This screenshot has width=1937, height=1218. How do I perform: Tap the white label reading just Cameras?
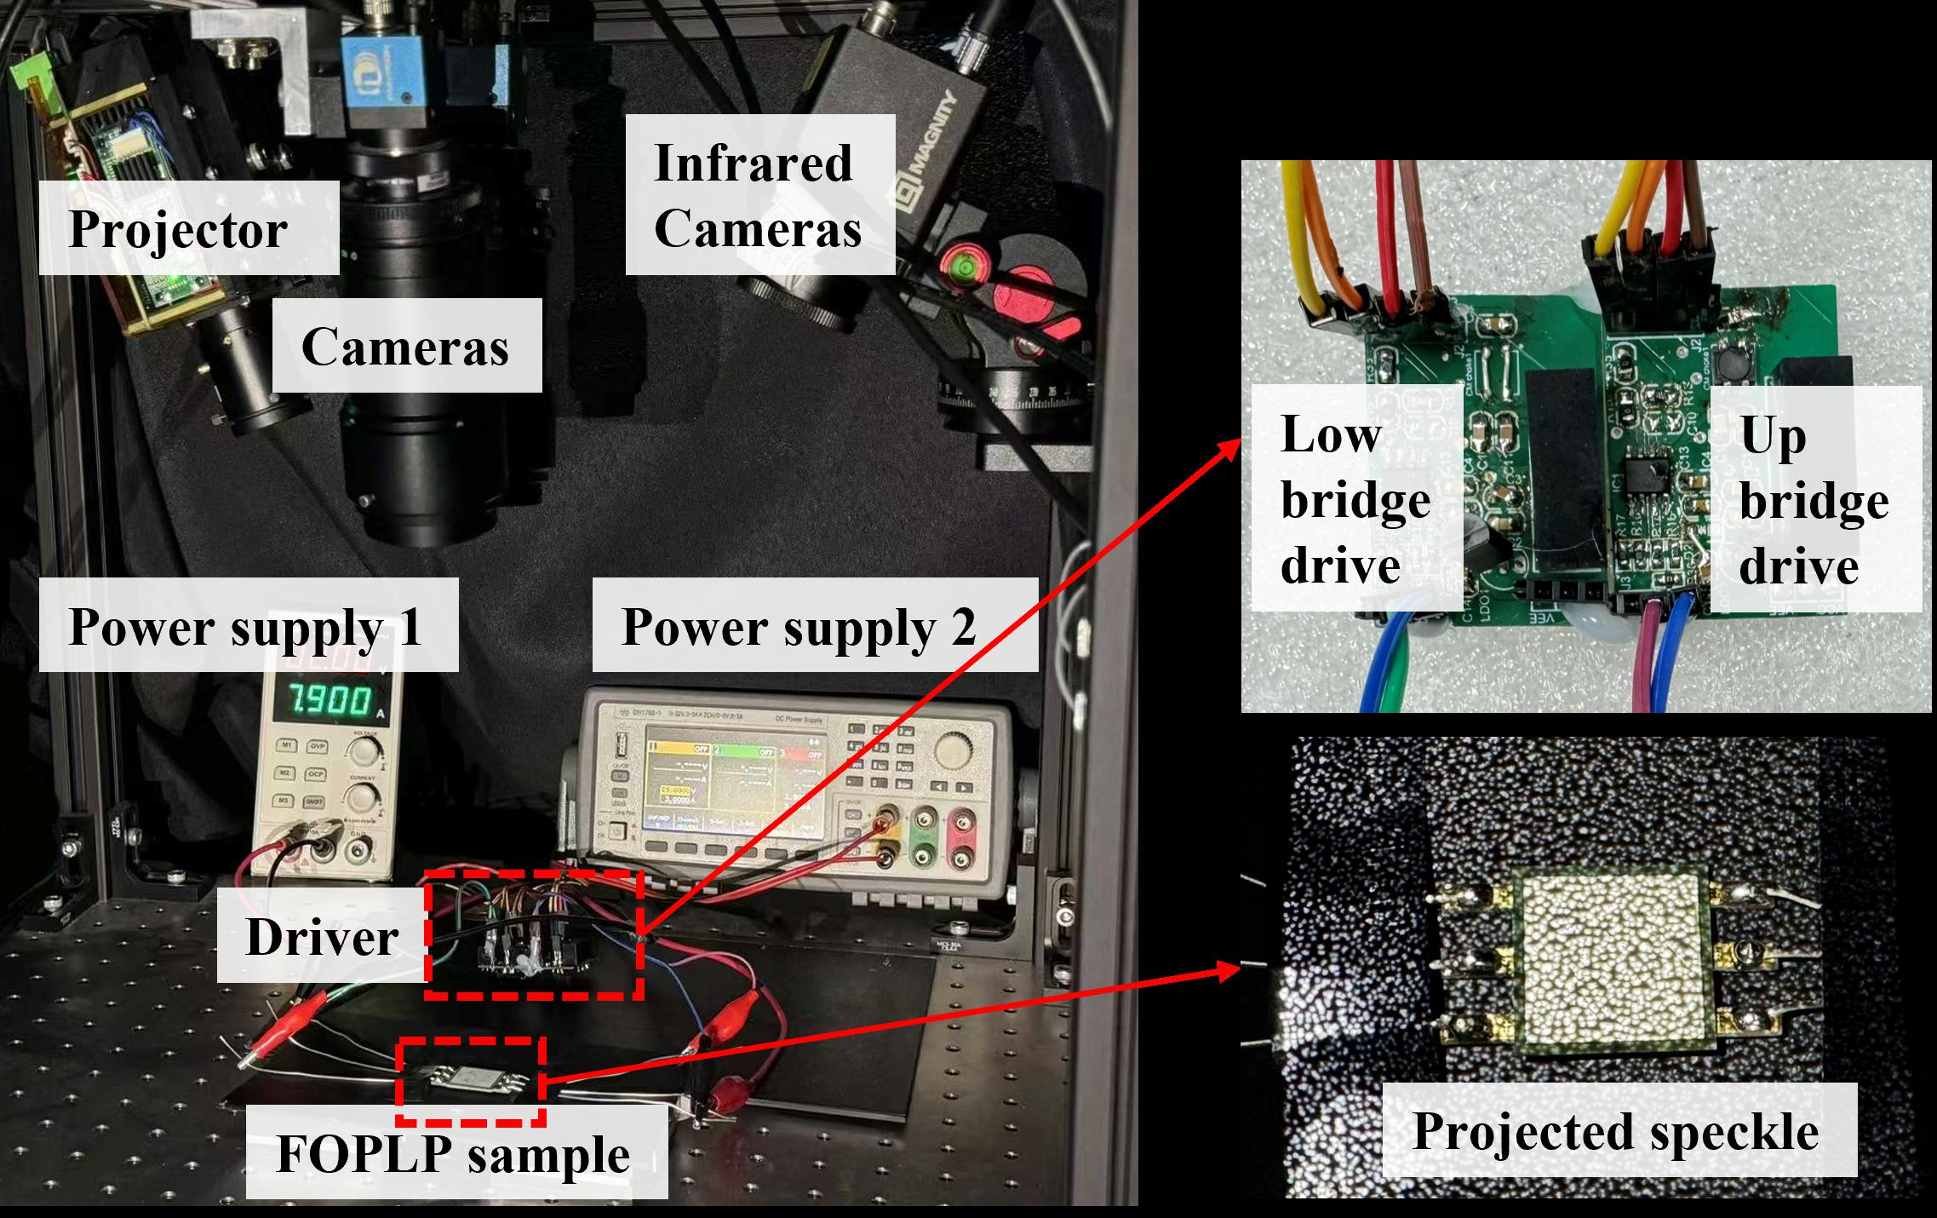[406, 346]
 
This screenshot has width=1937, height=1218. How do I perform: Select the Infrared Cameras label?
[759, 195]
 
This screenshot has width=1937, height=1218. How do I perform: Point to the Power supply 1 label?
[248, 626]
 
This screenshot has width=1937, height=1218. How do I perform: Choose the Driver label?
[321, 936]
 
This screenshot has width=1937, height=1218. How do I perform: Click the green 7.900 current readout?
[330, 700]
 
